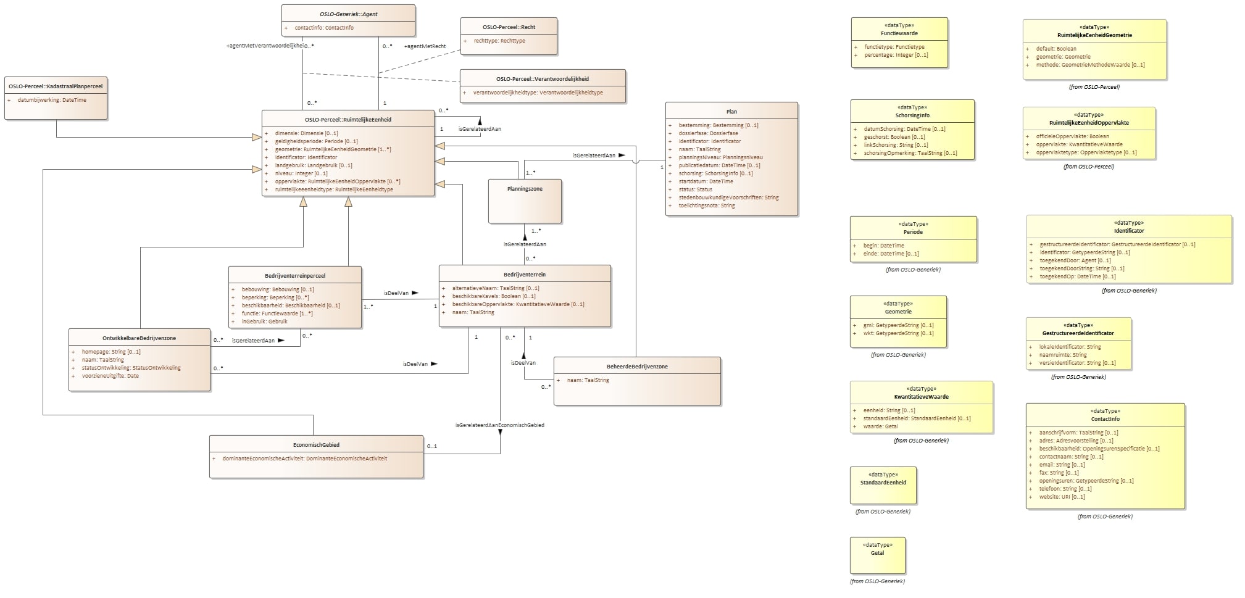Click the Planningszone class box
click(525, 201)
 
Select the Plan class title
click(731, 112)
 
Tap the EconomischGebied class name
click(316, 445)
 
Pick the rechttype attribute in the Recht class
click(499, 41)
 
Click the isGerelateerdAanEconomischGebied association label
click(499, 425)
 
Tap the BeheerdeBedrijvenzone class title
click(637, 367)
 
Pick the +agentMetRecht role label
click(425, 46)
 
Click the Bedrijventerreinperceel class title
click(295, 276)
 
